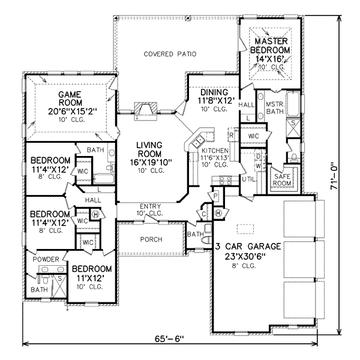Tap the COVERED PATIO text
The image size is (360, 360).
point(170,54)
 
